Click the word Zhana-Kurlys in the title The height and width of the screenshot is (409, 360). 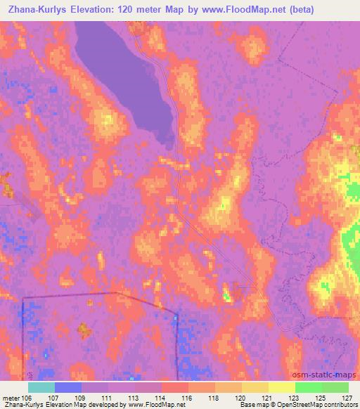point(35,10)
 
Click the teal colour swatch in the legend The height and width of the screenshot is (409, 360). point(41,387)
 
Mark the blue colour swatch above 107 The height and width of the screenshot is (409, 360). point(68,387)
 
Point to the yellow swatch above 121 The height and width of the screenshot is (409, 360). point(255,387)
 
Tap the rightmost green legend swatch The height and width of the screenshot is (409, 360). point(335,387)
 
